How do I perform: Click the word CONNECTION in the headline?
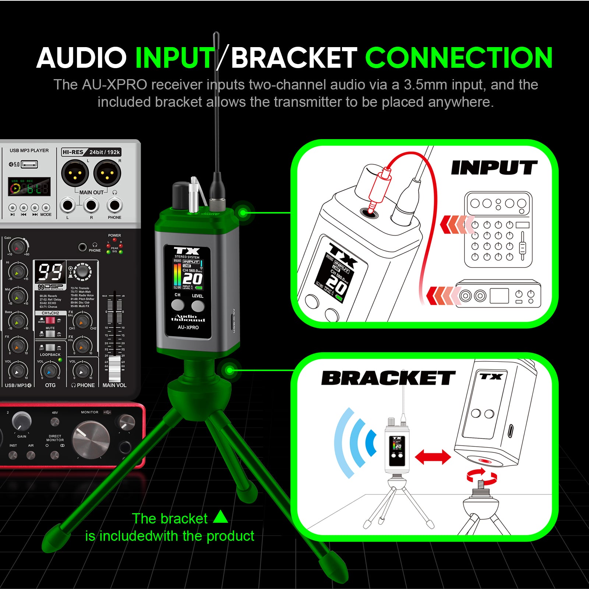pyautogui.click(x=458, y=58)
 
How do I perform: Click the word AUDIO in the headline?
pyautogui.click(x=82, y=58)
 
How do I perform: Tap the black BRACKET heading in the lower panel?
pyautogui.click(x=388, y=378)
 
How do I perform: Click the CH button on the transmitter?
pyautogui.click(x=178, y=305)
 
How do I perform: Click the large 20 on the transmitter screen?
pyautogui.click(x=192, y=279)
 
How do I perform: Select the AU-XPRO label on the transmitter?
pyautogui.click(x=188, y=327)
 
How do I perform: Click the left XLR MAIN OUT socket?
pyautogui.click(x=75, y=173)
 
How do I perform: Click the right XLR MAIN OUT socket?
pyautogui.click(x=107, y=173)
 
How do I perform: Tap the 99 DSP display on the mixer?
pyautogui.click(x=50, y=272)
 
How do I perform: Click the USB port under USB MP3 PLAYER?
pyautogui.click(x=29, y=164)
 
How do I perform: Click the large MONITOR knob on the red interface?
pyautogui.click(x=91, y=439)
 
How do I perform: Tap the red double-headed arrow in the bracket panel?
pyautogui.click(x=433, y=457)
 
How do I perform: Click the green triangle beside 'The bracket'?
pyautogui.click(x=221, y=517)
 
